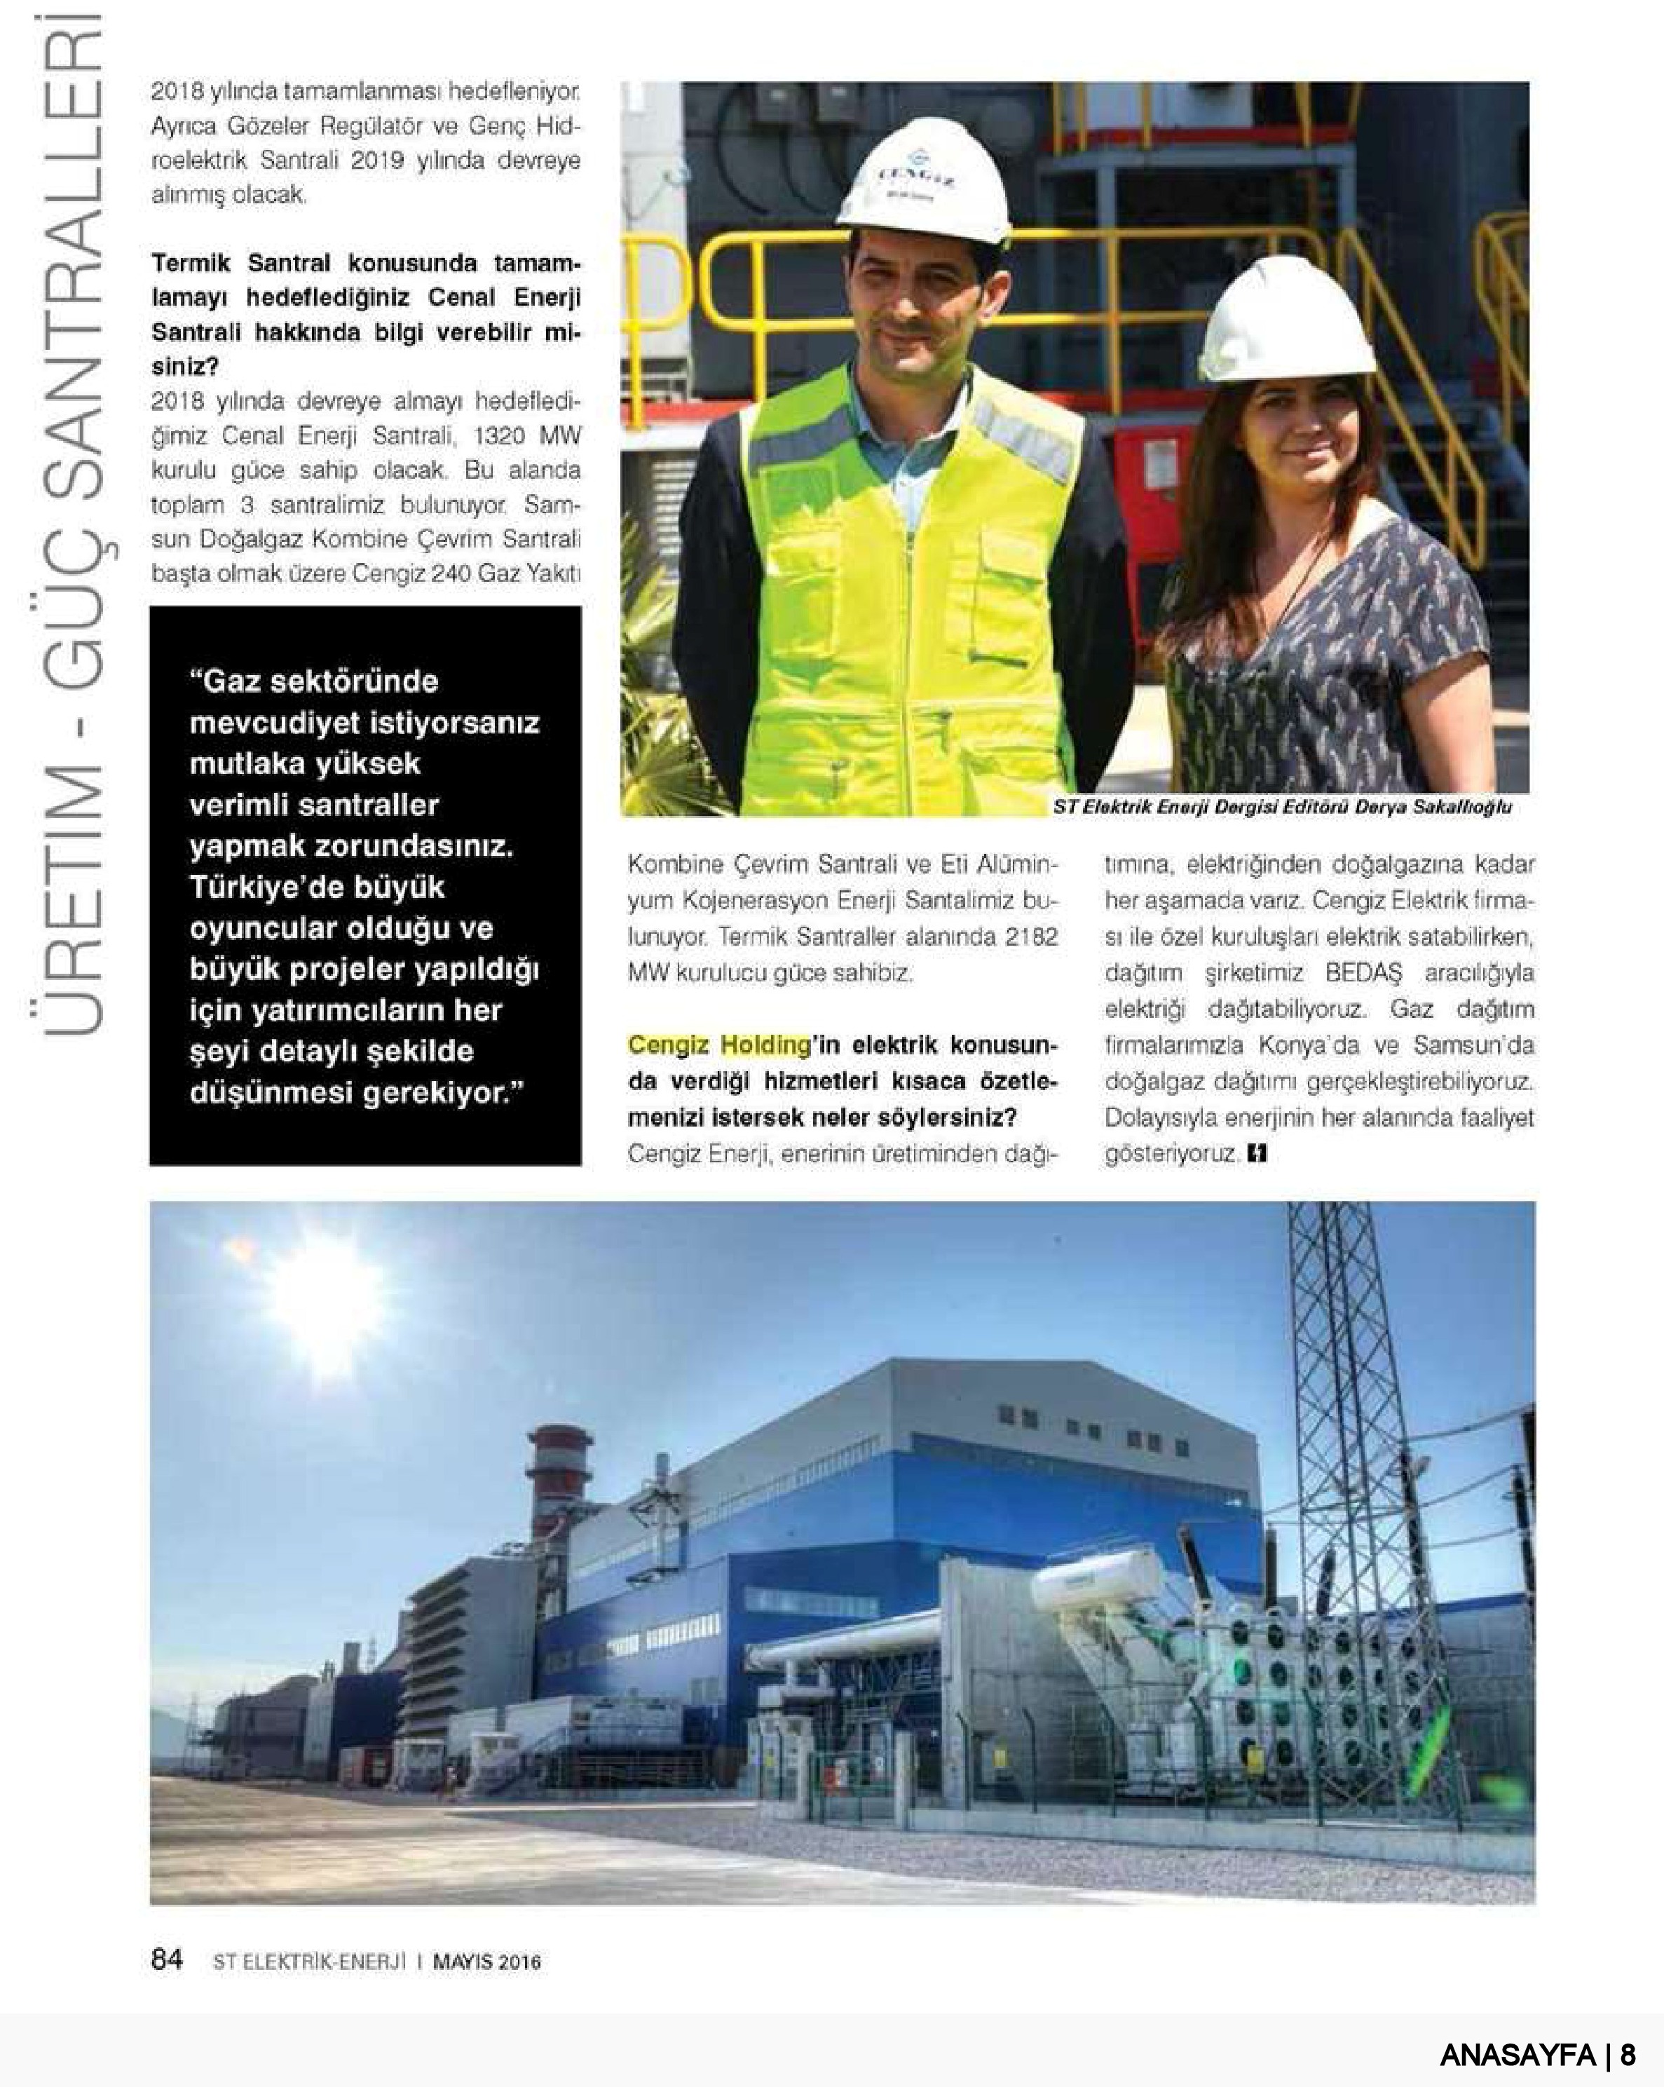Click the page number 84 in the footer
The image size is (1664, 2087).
coord(167,1959)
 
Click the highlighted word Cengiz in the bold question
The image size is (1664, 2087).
coord(668,1045)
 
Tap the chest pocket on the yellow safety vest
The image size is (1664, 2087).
coord(1007,566)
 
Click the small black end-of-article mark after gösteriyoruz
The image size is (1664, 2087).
coord(1257,1154)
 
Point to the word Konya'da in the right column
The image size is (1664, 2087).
coord(1299,1045)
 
